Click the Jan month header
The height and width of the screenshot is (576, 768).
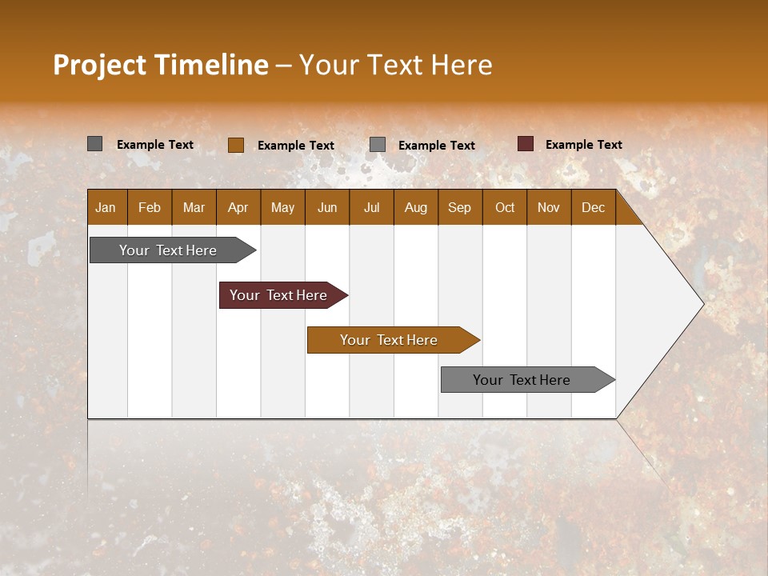[106, 208]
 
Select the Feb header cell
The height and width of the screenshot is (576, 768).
[150, 208]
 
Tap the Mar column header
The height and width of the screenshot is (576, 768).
[194, 208]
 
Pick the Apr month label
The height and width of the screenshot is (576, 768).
[238, 208]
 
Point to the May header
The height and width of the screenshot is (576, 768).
[282, 208]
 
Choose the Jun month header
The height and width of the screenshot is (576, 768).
[327, 208]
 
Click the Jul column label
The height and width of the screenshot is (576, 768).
[371, 208]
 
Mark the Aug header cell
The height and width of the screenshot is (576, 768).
[415, 208]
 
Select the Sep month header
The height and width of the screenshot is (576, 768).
[459, 208]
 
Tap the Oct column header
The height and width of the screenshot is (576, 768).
[505, 208]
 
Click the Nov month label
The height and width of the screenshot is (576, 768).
[549, 208]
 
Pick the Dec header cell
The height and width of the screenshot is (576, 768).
[593, 208]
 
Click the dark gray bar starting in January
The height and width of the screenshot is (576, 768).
[169, 250]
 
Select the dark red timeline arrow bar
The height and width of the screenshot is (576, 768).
[279, 295]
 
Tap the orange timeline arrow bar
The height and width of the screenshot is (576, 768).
[390, 340]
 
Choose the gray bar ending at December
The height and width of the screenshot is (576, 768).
[522, 380]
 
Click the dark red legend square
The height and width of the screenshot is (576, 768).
[526, 144]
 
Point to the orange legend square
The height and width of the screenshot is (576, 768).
[236, 145]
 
